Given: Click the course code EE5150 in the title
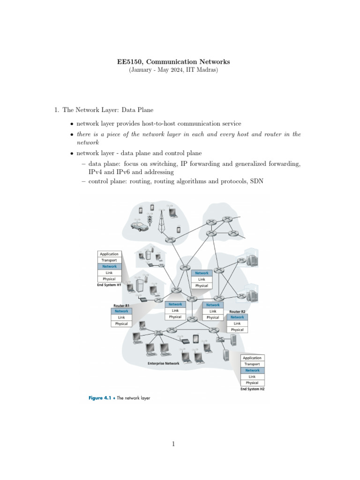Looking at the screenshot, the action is tap(129, 61).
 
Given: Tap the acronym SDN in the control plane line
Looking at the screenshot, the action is tap(256, 180).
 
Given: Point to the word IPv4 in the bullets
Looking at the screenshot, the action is tap(90, 172).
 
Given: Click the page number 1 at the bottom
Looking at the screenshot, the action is tap(173, 444).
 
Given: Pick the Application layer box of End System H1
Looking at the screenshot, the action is tap(109, 254).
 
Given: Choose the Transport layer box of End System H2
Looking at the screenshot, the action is tap(252, 364).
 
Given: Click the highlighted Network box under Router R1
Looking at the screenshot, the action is tap(121, 311).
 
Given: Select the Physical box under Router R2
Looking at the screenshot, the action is tap(237, 330).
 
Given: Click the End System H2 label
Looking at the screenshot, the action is tap(252, 389).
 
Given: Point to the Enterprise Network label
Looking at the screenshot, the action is tap(163, 363).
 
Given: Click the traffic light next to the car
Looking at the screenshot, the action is tap(150, 219).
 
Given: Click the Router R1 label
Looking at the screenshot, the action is tap(121, 305).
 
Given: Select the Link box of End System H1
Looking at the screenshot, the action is tap(109, 272).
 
